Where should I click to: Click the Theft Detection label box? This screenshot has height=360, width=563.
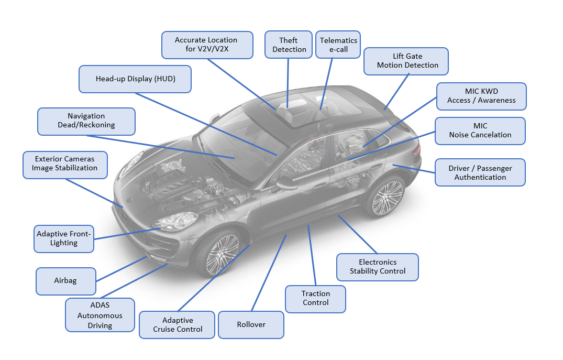[289, 45]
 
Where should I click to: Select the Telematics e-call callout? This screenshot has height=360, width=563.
[338, 45]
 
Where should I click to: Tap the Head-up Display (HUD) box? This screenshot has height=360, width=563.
[135, 79]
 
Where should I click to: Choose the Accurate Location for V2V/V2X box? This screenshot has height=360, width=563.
[206, 45]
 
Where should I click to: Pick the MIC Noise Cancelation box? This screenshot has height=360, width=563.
[480, 130]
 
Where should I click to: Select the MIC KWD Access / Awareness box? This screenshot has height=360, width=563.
[481, 96]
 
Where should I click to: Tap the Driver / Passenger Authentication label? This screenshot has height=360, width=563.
[480, 172]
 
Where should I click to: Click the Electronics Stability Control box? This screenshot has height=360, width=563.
[378, 267]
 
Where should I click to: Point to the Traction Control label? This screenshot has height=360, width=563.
[316, 299]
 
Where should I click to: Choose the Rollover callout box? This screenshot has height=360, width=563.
[251, 325]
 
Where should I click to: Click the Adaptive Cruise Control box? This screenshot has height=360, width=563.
[178, 325]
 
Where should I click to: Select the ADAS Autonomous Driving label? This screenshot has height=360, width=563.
[100, 315]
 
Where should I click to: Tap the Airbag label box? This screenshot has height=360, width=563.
[65, 281]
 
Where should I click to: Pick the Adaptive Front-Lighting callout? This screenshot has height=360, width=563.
[64, 238]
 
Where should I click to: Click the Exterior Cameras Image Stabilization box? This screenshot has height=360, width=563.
[65, 164]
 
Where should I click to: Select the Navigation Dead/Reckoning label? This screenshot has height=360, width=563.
[86, 121]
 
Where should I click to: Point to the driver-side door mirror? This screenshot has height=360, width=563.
[286, 183]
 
